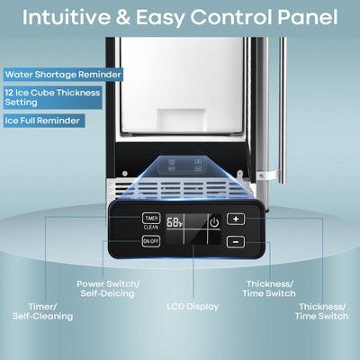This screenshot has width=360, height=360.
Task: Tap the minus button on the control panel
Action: (234, 241)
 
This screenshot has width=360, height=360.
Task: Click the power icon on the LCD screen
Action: (213, 221)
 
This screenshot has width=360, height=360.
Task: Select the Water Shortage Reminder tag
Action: (62, 75)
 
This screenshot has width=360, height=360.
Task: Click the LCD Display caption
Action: (193, 306)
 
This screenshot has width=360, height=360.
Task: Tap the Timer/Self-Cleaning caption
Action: (41, 310)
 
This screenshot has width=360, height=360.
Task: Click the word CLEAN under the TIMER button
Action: (150, 227)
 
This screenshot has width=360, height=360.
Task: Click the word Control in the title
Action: (227, 17)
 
